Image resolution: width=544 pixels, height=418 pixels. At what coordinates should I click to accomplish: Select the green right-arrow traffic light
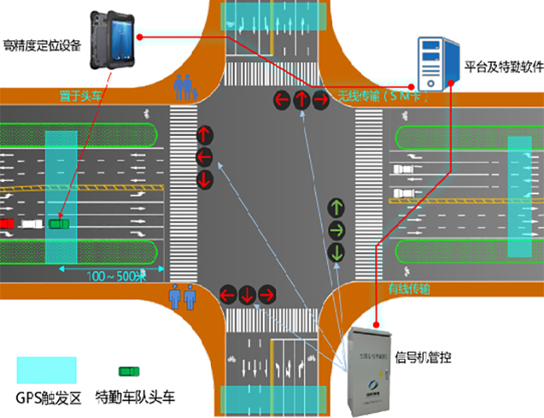point(336,229)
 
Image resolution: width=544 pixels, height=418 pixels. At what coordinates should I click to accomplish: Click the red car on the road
point(8,224)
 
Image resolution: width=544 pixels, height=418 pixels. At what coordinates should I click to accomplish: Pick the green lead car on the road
point(57,224)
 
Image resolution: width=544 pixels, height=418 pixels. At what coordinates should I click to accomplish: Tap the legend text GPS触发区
point(47,398)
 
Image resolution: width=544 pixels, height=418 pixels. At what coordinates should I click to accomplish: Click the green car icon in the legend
point(129,370)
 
